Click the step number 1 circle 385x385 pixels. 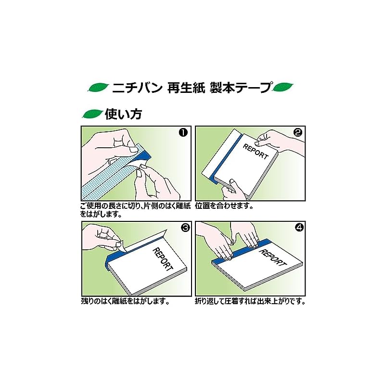coord(183,133)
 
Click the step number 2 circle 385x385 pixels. coord(298,133)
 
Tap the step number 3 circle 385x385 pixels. coord(185,228)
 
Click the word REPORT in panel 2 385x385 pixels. coord(256,152)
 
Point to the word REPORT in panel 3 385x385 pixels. coord(163,259)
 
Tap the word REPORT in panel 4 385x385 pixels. coord(273,257)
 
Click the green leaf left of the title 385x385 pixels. coord(98,88)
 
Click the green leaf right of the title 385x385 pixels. coord(283,87)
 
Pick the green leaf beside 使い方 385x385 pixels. coord(92,114)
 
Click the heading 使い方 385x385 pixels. coord(124,114)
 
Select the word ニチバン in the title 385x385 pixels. coord(137,88)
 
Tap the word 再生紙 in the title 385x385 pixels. coord(186,88)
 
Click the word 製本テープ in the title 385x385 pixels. coord(241,88)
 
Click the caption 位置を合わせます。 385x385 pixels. coord(224,206)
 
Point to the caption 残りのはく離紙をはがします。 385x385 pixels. coord(125,301)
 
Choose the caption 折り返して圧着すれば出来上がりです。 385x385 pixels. coord(250,301)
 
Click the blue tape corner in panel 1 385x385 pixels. coord(143,156)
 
